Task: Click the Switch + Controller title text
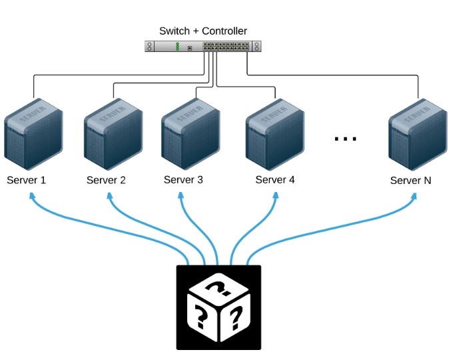pos(203,31)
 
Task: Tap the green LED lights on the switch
pos(177,47)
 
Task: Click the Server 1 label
pos(26,180)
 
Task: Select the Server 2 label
pos(106,180)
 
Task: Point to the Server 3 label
pos(183,180)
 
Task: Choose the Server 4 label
pos(275,180)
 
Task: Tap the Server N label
pos(410,181)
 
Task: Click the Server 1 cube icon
pos(33,134)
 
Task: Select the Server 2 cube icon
pos(113,134)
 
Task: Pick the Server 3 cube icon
pos(191,134)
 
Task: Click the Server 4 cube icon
pos(275,135)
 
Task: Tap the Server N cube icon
pos(418,135)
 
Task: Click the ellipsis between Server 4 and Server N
pos(345,139)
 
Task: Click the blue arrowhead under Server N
pos(414,197)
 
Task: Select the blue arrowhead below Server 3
pos(181,195)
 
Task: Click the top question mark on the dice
pos(219,287)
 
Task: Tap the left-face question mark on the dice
pos(201,317)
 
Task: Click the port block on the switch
pos(226,46)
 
